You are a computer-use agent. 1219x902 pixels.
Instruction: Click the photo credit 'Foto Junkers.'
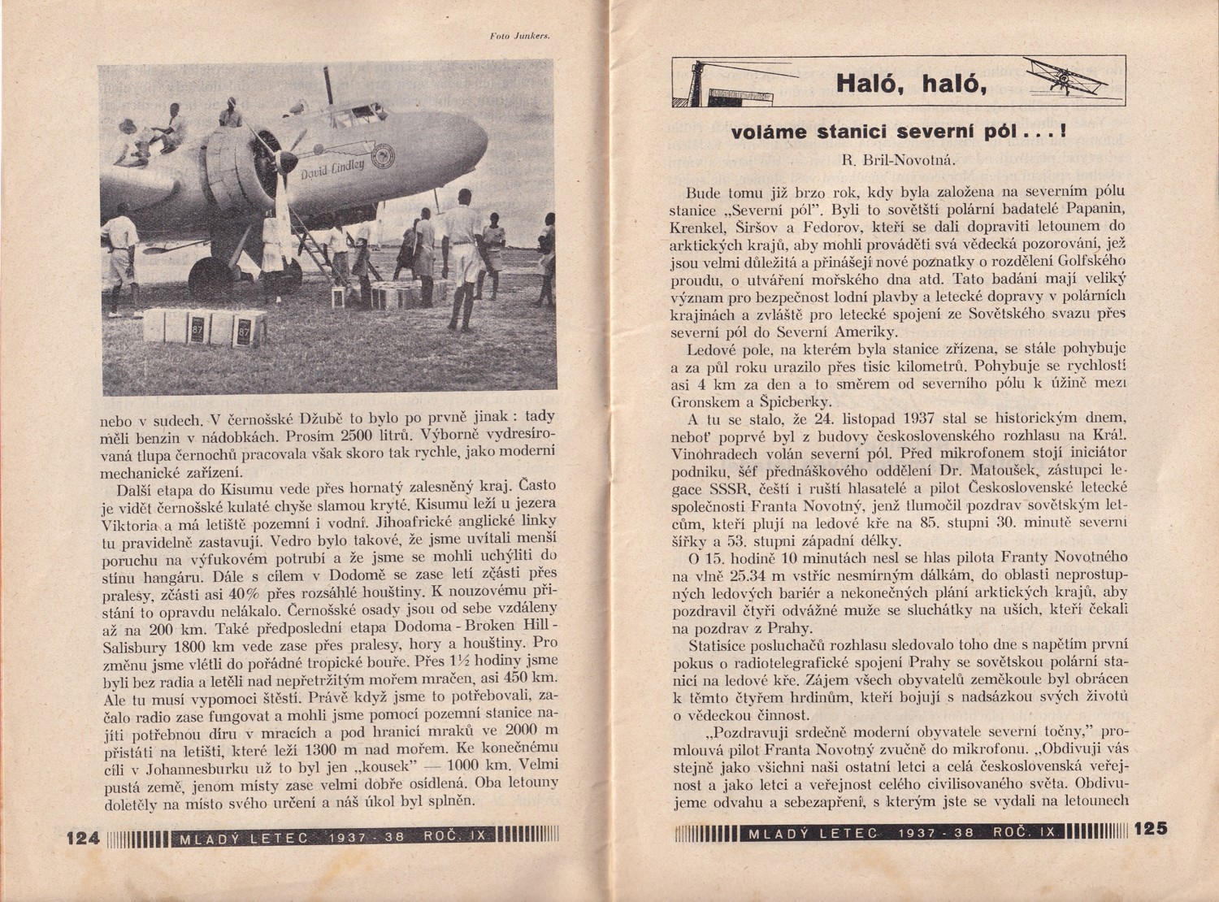click(521, 36)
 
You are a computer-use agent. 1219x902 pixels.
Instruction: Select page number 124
click(82, 837)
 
